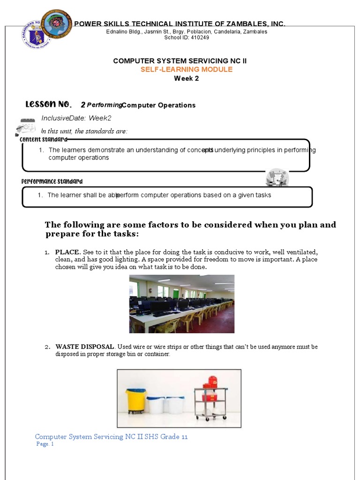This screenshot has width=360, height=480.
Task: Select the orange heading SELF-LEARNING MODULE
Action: (187, 69)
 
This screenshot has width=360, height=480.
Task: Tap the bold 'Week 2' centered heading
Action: (187, 78)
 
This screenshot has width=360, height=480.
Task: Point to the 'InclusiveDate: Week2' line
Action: (76, 118)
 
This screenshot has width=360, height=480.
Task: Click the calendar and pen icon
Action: (26, 127)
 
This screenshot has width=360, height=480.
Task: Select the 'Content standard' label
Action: (43, 139)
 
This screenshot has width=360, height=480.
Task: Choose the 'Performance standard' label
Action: (52, 181)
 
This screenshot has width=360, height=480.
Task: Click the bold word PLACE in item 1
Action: (67, 252)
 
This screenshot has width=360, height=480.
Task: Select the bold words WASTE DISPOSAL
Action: (84, 347)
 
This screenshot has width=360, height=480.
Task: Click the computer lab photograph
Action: (181, 304)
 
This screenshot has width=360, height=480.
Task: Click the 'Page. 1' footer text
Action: (45, 444)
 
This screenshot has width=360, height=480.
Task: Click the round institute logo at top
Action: (56, 23)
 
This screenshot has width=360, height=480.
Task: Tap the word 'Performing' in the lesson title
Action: (104, 105)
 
